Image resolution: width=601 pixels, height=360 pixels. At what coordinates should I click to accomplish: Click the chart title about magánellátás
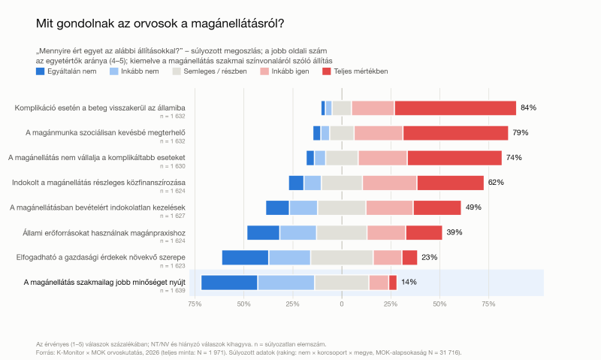tap(160, 23)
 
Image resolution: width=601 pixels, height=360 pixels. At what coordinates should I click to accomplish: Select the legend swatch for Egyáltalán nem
tap(41, 71)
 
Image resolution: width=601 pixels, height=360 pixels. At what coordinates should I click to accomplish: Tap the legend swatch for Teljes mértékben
tap(327, 71)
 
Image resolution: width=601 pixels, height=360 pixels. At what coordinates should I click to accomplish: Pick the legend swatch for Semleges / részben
tap(177, 71)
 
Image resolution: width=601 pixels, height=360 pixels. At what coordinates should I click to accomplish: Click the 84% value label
tap(528, 107)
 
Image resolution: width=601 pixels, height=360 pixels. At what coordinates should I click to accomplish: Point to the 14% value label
tap(409, 282)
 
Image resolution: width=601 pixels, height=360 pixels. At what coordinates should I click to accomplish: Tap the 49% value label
tap(473, 207)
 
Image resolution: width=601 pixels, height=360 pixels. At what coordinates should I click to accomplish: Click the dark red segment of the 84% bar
tap(455, 108)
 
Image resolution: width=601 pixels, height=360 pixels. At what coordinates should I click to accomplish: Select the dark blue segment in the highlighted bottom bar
tap(229, 283)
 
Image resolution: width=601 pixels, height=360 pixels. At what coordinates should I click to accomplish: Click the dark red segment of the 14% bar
tap(393, 283)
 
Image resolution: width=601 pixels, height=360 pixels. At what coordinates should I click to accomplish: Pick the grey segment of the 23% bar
tap(342, 258)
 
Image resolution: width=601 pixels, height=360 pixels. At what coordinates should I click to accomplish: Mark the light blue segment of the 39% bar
tap(297, 233)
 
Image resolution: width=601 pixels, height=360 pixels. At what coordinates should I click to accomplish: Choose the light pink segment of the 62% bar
tap(389, 183)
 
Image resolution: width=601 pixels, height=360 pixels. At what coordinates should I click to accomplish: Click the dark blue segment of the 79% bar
tap(316, 133)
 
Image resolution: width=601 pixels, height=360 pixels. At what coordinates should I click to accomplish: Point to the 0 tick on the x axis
tap(342, 304)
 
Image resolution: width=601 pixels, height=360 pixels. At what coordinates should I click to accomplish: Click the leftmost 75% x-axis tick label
tap(195, 304)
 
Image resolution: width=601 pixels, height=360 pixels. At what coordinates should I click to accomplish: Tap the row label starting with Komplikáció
tap(100, 107)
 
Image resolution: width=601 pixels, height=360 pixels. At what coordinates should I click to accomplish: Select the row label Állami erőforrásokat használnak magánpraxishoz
tap(104, 233)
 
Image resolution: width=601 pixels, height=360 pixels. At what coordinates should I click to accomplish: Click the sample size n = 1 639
tap(173, 291)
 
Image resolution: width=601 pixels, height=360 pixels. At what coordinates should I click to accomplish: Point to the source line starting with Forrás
tap(249, 352)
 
